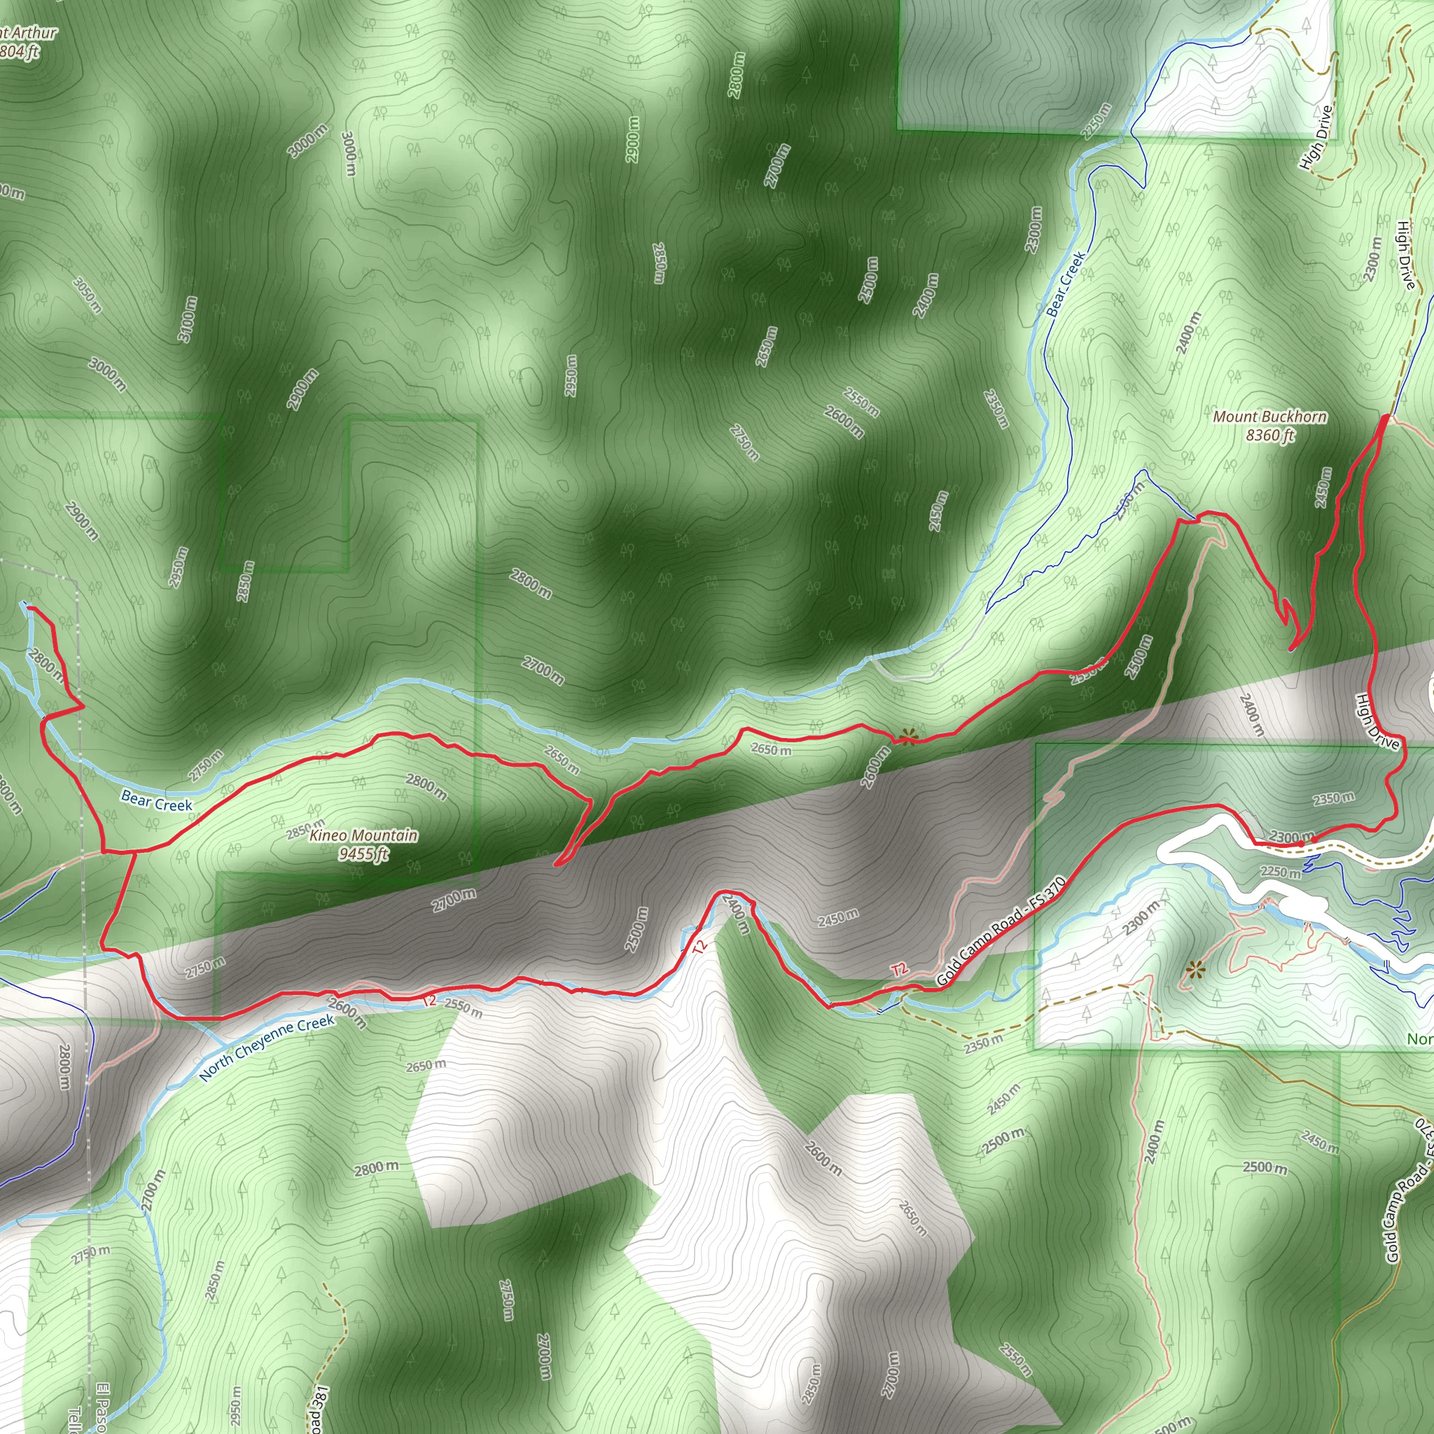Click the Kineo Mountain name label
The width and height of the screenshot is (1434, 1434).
click(363, 836)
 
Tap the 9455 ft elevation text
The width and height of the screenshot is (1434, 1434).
click(363, 854)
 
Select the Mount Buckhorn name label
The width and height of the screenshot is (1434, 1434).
click(1269, 417)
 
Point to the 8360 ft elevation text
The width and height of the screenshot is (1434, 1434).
click(1270, 435)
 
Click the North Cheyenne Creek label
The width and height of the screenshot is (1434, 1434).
click(267, 1047)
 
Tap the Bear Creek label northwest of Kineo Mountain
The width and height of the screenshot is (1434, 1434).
click(157, 801)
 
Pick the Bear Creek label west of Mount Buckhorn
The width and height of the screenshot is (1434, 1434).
click(1066, 284)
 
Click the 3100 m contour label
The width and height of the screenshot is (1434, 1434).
click(188, 319)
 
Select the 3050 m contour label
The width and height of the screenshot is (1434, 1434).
click(87, 295)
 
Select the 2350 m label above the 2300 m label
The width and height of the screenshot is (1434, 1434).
click(1333, 799)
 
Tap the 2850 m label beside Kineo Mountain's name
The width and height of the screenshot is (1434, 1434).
click(305, 826)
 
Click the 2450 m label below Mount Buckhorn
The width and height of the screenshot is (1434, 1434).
click(1322, 487)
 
